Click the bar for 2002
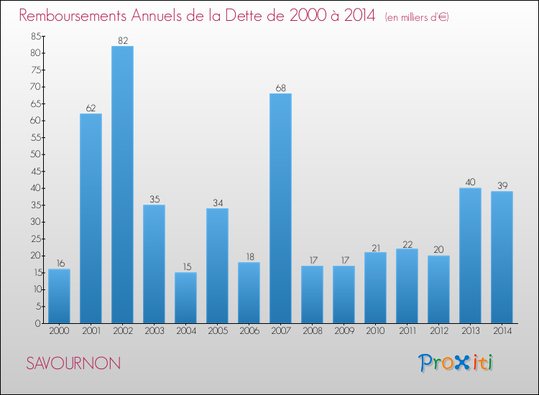pyautogui.click(x=122, y=185)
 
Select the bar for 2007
pyautogui.click(x=280, y=208)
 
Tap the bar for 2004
pyautogui.click(x=185, y=298)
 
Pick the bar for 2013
pyautogui.click(x=470, y=256)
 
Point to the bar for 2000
pyautogui.click(x=59, y=296)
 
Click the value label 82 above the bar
pyautogui.click(x=123, y=40)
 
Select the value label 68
pyautogui.click(x=281, y=88)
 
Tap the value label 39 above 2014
pyautogui.click(x=502, y=185)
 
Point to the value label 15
pyautogui.click(x=187, y=267)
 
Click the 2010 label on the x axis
pyautogui.click(x=375, y=331)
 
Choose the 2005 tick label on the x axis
pyautogui.click(x=218, y=331)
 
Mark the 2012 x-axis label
pyautogui.click(x=439, y=331)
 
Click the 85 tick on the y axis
pyautogui.click(x=36, y=36)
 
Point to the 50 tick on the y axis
pyautogui.click(x=36, y=154)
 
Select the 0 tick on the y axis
pyautogui.click(x=38, y=323)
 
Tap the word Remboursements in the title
pyautogui.click(x=73, y=16)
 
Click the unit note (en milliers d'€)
pyautogui.click(x=417, y=17)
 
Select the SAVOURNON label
pyautogui.click(x=73, y=363)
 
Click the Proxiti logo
pyautogui.click(x=456, y=363)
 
